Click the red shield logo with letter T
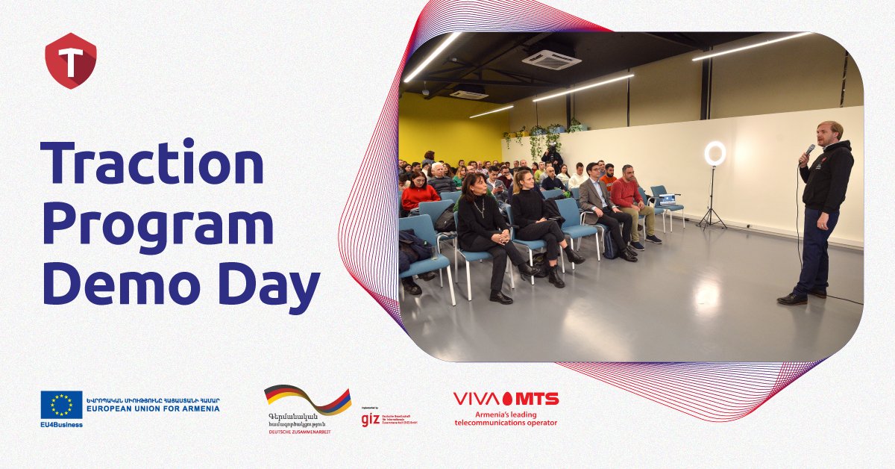(x=71, y=60)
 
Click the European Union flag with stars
(x=61, y=405)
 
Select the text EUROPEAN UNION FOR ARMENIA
(x=154, y=409)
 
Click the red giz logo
(x=370, y=419)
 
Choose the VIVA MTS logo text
(x=506, y=399)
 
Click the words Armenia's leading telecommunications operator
(x=506, y=418)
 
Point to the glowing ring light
(x=715, y=154)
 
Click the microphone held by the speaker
(x=808, y=151)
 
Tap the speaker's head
(x=829, y=133)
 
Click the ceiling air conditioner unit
(x=551, y=58)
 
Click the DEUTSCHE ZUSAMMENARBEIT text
(x=301, y=432)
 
